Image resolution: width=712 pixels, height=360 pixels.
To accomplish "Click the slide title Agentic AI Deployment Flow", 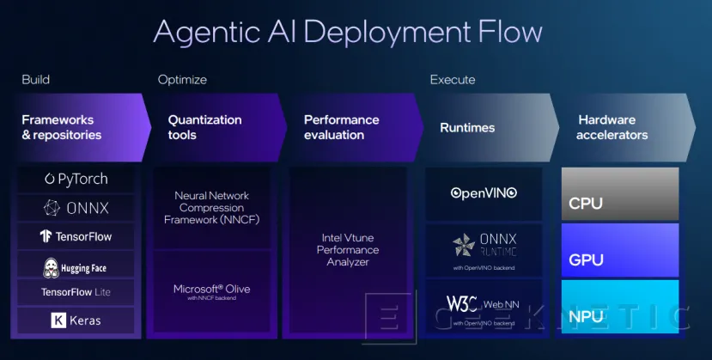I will pyautogui.click(x=347, y=32).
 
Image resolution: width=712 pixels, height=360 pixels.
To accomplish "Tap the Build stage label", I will pyautogui.click(x=35, y=80).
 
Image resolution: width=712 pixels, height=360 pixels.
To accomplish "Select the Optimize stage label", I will pyautogui.click(x=182, y=80).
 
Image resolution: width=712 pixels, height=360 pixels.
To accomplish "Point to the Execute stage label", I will pyautogui.click(x=452, y=80).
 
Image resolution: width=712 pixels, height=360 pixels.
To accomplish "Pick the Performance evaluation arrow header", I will pyautogui.click(x=341, y=127).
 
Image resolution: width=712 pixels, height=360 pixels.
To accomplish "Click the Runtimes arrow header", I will pyautogui.click(x=467, y=127).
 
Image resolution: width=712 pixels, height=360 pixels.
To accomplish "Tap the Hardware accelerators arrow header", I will pyautogui.click(x=612, y=127).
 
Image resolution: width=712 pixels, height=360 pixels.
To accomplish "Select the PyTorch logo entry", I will pyautogui.click(x=76, y=180).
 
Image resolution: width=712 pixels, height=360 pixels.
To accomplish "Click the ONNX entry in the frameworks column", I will pyautogui.click(x=76, y=208).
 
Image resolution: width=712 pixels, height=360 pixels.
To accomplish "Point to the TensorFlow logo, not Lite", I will pyautogui.click(x=76, y=236).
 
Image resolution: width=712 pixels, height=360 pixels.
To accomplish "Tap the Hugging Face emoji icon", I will pyautogui.click(x=51, y=268).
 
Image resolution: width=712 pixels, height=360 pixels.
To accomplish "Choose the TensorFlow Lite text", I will pyautogui.click(x=76, y=292).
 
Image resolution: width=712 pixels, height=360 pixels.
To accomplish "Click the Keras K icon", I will pyautogui.click(x=58, y=320).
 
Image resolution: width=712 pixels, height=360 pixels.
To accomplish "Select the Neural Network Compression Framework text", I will pyautogui.click(x=210, y=207).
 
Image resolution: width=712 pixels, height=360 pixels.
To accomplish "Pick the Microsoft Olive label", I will pyautogui.click(x=210, y=290).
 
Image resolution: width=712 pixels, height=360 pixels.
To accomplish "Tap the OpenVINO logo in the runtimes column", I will pyautogui.click(x=484, y=193).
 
